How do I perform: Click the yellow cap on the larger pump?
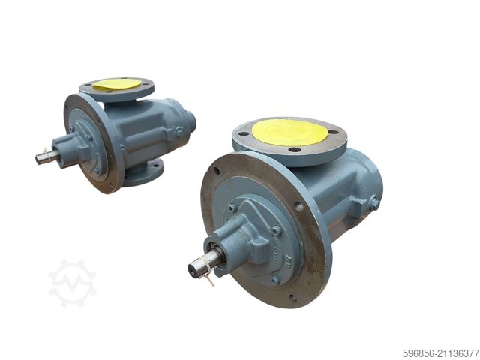coord(289,132)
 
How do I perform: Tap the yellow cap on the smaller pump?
coord(117,84)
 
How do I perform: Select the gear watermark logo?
coord(72,283)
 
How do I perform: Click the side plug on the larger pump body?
coord(373,202)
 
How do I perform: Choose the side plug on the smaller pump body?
coord(178,132)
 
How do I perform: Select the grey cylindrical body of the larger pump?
coord(352,187)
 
